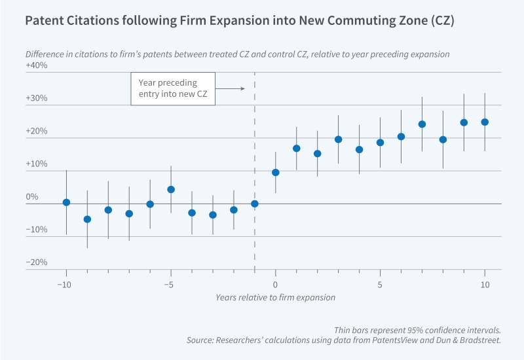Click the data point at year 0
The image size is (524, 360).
(275, 172)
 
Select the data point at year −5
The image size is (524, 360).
(171, 189)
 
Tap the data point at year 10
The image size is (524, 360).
(485, 122)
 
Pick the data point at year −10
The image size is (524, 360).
(66, 202)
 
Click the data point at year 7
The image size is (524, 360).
(422, 124)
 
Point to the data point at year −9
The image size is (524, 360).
(87, 219)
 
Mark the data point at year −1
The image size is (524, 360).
(254, 204)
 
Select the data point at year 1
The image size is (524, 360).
(296, 148)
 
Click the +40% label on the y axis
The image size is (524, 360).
(36, 66)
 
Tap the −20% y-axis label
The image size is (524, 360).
(36, 262)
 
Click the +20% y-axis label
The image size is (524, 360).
(36, 132)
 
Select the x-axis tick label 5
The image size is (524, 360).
(380, 285)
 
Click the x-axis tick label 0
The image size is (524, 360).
(275, 285)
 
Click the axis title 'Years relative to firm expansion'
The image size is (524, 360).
(275, 298)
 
